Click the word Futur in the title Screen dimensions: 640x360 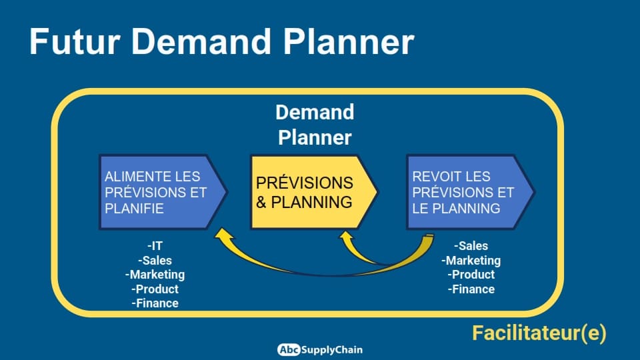[x=75, y=41]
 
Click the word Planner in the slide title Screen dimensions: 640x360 [x=349, y=41]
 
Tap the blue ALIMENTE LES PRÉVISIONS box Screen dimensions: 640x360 [x=163, y=192]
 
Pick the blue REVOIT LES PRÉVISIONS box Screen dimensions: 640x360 [x=470, y=192]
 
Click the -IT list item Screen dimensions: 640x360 [x=155, y=246]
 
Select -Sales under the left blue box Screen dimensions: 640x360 [x=155, y=260]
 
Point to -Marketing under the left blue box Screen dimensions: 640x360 [x=155, y=274]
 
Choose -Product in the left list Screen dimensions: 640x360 [x=155, y=289]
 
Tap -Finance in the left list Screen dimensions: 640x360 [x=155, y=303]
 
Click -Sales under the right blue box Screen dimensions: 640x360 [x=471, y=246]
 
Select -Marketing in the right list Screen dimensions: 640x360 [x=471, y=261]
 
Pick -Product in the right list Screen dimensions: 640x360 [x=471, y=274]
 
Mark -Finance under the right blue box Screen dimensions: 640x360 [x=471, y=289]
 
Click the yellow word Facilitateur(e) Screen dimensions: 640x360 [x=539, y=333]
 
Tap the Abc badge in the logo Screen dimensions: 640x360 [x=289, y=350]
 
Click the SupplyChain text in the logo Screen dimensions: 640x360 [x=332, y=350]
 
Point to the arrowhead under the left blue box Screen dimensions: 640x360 [x=223, y=234]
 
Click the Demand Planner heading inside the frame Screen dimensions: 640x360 [x=315, y=125]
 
